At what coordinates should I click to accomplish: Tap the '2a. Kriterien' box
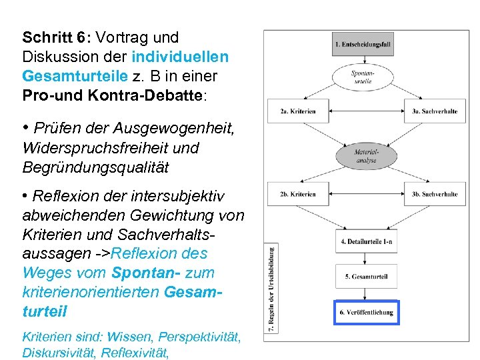(298, 111)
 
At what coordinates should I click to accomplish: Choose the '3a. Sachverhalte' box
(434, 111)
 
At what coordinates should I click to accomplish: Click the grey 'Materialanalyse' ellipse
(366, 156)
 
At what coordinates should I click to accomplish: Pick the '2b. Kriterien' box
(298, 194)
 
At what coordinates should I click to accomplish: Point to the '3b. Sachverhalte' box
(434, 194)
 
